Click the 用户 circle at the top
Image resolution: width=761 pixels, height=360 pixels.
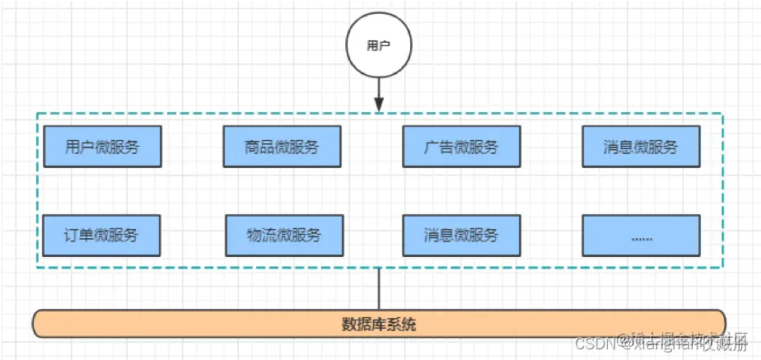[x=379, y=46]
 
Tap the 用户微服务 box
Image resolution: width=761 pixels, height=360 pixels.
[x=102, y=147]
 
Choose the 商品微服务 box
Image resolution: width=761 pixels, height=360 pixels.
[x=282, y=147]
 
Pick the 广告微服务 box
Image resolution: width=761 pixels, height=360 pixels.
[x=461, y=147]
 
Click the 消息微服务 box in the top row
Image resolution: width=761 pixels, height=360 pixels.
[x=641, y=147]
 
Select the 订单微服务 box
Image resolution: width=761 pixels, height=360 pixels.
[x=102, y=235]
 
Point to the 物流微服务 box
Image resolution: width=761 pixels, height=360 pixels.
[x=283, y=235]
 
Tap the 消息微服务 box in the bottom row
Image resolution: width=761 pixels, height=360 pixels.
[x=461, y=235]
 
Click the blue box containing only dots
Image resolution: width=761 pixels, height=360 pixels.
[x=641, y=235]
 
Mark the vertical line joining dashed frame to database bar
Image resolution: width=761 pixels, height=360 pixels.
[x=379, y=288]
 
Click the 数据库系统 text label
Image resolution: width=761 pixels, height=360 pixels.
[x=379, y=324]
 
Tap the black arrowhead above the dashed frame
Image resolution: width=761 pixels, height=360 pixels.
[x=379, y=105]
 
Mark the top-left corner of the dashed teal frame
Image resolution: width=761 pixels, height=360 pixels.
[x=37, y=114]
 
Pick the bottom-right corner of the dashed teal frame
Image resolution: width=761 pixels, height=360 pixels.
[x=723, y=267]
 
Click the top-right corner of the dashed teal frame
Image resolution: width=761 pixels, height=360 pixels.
[x=723, y=114]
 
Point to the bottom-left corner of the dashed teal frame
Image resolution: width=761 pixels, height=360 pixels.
[x=37, y=267]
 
